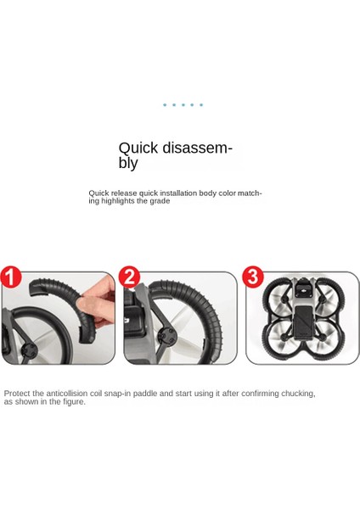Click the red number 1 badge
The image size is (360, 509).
(11, 277)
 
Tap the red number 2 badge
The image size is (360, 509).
(129, 277)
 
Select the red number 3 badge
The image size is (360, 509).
(252, 277)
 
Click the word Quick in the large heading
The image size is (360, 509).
(138, 148)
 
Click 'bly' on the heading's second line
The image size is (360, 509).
(128, 163)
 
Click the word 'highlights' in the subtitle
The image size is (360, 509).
(118, 201)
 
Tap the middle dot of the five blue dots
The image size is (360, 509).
(183, 105)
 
